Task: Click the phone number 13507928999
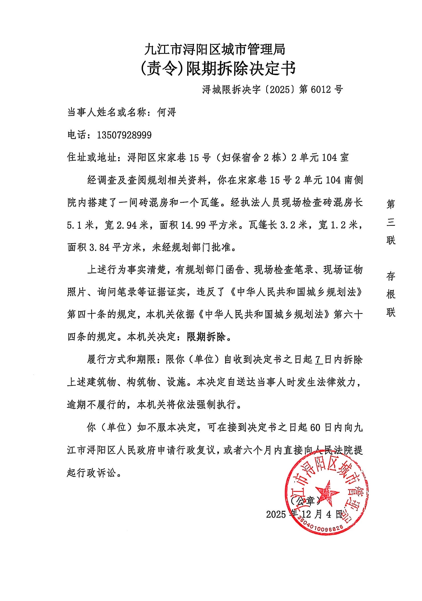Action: click(x=124, y=135)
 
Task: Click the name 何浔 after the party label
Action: click(x=166, y=113)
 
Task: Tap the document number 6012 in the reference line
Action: click(x=321, y=90)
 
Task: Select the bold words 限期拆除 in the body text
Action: click(x=206, y=337)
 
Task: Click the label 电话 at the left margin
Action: click(x=77, y=135)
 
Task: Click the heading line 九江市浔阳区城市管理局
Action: click(x=215, y=49)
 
